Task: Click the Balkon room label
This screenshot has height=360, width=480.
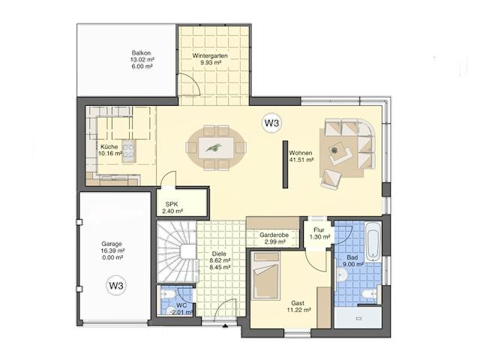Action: (x=141, y=53)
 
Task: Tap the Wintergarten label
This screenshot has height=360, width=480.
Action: (x=210, y=55)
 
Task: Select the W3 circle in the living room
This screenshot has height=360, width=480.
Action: (x=271, y=123)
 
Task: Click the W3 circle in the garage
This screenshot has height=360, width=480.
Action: (x=116, y=286)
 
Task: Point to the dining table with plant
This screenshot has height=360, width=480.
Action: (x=216, y=148)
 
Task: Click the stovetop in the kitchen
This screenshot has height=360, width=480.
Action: (x=129, y=151)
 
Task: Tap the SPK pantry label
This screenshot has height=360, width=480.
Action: (x=172, y=204)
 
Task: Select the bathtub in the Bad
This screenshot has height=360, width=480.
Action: (x=373, y=240)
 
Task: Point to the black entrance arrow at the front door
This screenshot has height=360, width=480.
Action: (x=225, y=325)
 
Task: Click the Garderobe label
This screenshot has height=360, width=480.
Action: (x=274, y=235)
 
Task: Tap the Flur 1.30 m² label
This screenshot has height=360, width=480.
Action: (x=319, y=233)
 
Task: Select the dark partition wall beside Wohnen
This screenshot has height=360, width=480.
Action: (x=285, y=164)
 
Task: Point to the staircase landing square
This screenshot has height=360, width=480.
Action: (x=187, y=252)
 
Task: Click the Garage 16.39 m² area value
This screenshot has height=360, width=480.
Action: (x=112, y=250)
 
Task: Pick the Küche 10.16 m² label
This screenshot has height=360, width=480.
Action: (x=110, y=150)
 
